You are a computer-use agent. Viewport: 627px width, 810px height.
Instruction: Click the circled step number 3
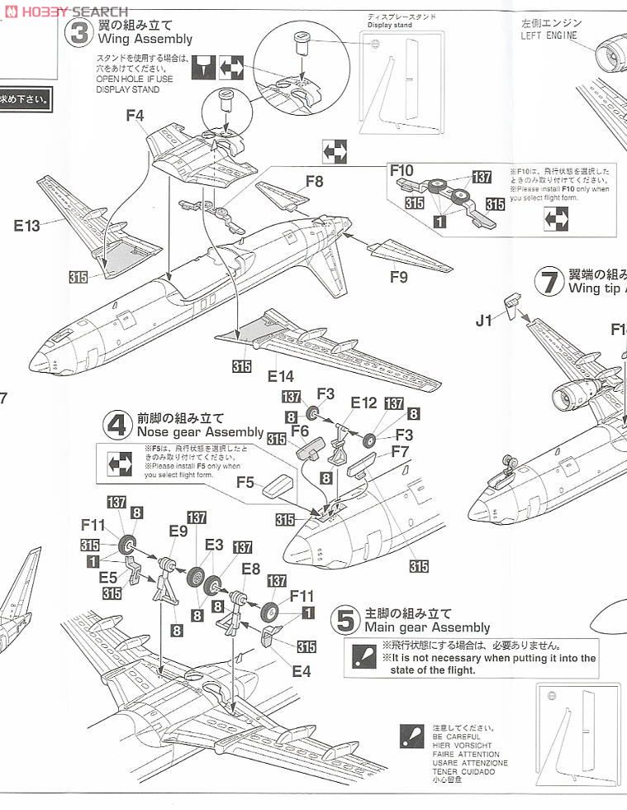coord(80,32)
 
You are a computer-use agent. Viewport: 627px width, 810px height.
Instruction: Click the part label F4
coord(135,116)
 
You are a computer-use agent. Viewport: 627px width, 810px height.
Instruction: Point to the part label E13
coord(26,225)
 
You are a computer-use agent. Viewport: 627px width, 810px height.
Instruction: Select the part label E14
coord(281,375)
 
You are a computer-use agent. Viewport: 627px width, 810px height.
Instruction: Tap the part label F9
coord(398,278)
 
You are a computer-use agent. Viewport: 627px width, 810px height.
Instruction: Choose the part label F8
coord(314,180)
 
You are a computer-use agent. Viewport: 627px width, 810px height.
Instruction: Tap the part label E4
coord(301,671)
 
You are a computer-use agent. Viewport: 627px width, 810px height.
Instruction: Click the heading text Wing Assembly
coord(145,39)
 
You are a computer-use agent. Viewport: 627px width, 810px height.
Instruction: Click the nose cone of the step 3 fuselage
coord(38,362)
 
